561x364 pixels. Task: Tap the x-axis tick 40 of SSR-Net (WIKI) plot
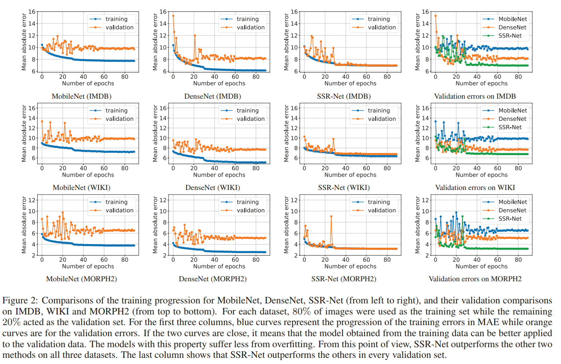tap(346, 167)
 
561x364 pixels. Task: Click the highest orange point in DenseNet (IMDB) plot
tap(173, 16)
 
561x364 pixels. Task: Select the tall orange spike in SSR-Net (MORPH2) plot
tap(331, 216)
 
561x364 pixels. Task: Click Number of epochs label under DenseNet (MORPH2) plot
tap(219, 266)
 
